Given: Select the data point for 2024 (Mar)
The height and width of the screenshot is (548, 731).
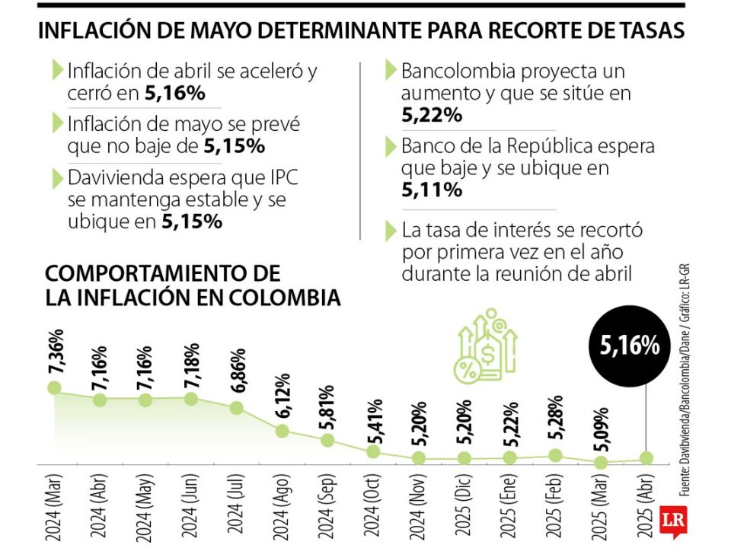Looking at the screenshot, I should [x=53, y=387].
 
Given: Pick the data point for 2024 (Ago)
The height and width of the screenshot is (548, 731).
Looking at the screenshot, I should [x=282, y=431].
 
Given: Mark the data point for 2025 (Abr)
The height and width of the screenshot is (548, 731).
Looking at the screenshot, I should [x=646, y=457].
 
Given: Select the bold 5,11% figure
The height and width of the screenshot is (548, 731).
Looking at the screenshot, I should [x=432, y=190].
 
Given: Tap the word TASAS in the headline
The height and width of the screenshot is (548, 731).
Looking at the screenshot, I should [x=650, y=30].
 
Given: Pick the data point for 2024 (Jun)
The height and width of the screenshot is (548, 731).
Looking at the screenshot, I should [x=191, y=398].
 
